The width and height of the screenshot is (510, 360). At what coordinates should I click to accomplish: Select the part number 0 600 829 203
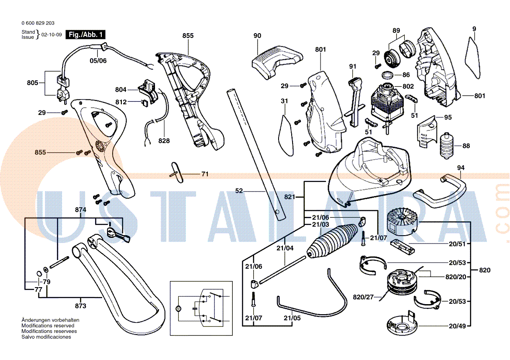(x=38, y=23)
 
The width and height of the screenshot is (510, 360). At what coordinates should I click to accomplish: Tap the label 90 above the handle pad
(x=257, y=36)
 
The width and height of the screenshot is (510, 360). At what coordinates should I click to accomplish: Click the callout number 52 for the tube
(x=239, y=191)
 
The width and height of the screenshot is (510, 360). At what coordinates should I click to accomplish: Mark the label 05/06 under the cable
(x=98, y=61)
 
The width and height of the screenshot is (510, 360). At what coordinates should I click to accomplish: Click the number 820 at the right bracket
(x=485, y=270)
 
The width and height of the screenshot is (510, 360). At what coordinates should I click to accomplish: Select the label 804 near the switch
(x=121, y=90)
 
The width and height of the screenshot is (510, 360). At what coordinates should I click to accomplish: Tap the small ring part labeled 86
(x=386, y=75)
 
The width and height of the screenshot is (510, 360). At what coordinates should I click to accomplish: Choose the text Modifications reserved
(x=48, y=326)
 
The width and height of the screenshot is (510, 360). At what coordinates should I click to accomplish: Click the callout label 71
(x=205, y=174)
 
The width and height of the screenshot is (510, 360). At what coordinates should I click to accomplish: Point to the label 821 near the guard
(x=290, y=197)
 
